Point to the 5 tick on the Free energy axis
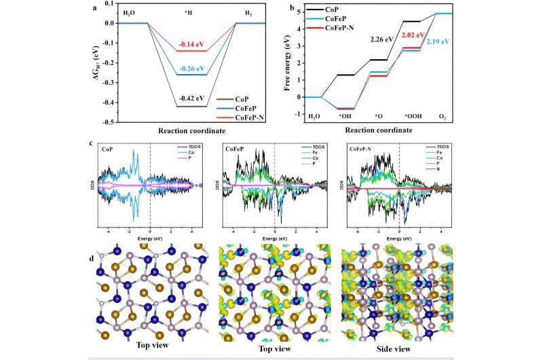[x=294, y=14]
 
